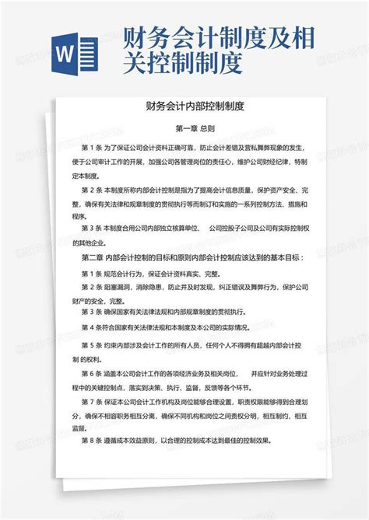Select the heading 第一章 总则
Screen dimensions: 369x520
pyautogui.click(x=184, y=130)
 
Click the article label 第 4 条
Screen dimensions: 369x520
pyautogui.click(x=93, y=326)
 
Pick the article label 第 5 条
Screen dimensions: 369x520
pyautogui.click(x=93, y=345)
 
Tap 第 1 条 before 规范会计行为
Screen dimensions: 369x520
pyautogui.click(x=93, y=274)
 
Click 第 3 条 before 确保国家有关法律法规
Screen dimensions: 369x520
pyautogui.click(x=93, y=312)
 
